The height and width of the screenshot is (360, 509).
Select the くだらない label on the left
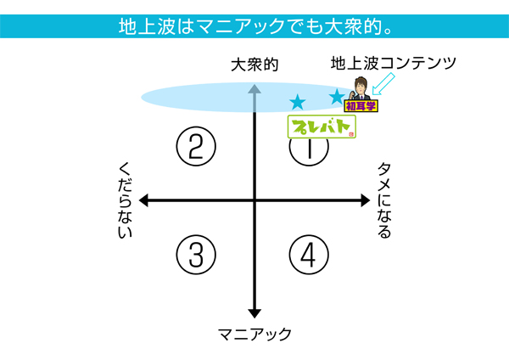[x=124, y=200]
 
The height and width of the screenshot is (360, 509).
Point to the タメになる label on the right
[x=383, y=200]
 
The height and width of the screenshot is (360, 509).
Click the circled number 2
[x=196, y=147]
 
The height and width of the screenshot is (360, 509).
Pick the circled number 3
[x=196, y=254]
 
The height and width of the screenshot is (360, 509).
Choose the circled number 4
[x=309, y=254]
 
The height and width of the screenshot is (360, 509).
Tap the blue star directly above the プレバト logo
[x=297, y=103]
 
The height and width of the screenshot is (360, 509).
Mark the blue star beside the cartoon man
[x=338, y=98]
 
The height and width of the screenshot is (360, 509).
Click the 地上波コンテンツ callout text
[x=394, y=63]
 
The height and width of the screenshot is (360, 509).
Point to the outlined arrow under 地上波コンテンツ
[x=385, y=83]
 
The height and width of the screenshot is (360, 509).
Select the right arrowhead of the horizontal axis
[x=366, y=200]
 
